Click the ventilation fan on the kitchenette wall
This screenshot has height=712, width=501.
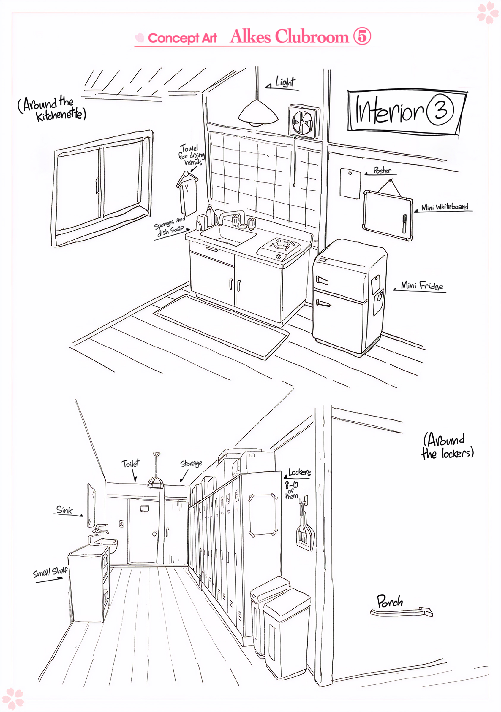[x=303, y=122]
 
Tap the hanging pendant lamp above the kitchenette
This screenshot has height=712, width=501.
[x=258, y=114]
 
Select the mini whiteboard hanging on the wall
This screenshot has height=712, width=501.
[x=388, y=215]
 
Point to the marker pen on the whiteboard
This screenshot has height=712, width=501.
[x=404, y=223]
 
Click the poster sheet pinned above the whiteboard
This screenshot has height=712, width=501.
[x=350, y=183]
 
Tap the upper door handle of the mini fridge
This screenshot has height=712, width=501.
[x=322, y=280]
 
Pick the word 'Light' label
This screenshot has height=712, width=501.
[x=285, y=82]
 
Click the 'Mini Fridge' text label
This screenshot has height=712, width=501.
[x=421, y=285]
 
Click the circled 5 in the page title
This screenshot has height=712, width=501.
[x=362, y=36]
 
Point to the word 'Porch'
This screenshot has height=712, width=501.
[x=390, y=601]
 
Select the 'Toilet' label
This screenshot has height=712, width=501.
[x=130, y=464]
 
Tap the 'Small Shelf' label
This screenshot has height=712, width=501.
[x=50, y=571]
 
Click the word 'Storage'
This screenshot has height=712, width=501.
[x=191, y=464]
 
